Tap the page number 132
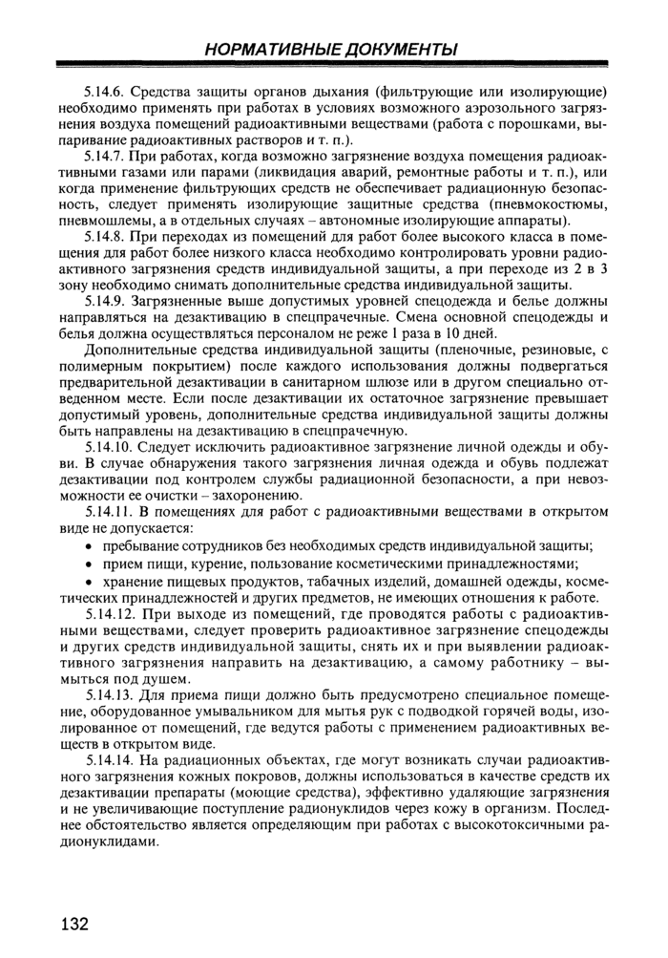pos(73,924)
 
